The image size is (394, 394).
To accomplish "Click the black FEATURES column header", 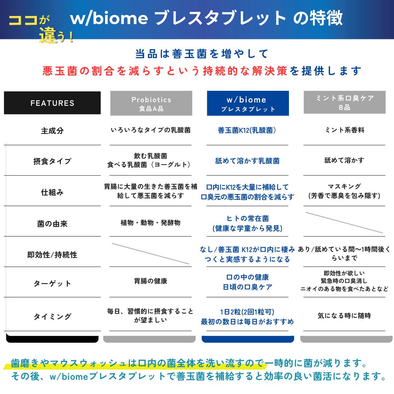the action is pyautogui.click(x=52, y=103).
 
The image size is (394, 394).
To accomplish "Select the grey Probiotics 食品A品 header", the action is pyautogui.click(x=151, y=103).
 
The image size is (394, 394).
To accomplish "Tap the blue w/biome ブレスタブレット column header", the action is pyautogui.click(x=248, y=103).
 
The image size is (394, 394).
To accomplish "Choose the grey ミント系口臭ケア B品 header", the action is pyautogui.click(x=344, y=103).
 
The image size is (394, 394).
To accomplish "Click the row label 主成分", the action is pyautogui.click(x=52, y=131).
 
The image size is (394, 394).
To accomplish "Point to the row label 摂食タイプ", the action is pyautogui.click(x=52, y=161).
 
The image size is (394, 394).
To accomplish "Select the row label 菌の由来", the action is pyautogui.click(x=52, y=223).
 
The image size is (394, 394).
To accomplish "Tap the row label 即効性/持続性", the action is pyautogui.click(x=52, y=255).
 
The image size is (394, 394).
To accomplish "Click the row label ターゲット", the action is pyautogui.click(x=52, y=283).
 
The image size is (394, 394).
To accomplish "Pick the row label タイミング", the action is pyautogui.click(x=52, y=316).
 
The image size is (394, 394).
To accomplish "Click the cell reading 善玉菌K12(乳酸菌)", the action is pyautogui.click(x=247, y=130).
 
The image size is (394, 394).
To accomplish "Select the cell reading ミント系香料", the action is pyautogui.click(x=344, y=130).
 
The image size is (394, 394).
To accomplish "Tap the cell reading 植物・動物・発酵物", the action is pyautogui.click(x=151, y=223).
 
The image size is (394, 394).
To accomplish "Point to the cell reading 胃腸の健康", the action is pyautogui.click(x=151, y=281).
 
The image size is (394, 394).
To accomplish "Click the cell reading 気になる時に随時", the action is pyautogui.click(x=344, y=316).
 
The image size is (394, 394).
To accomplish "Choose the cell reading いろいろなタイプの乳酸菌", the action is pyautogui.click(x=151, y=130).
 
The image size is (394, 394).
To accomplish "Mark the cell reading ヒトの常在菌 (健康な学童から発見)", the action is pyautogui.click(x=247, y=223).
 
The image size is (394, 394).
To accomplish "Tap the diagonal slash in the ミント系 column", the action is pyautogui.click(x=344, y=223).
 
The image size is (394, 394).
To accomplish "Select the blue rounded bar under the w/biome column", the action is pyautogui.click(x=248, y=339).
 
